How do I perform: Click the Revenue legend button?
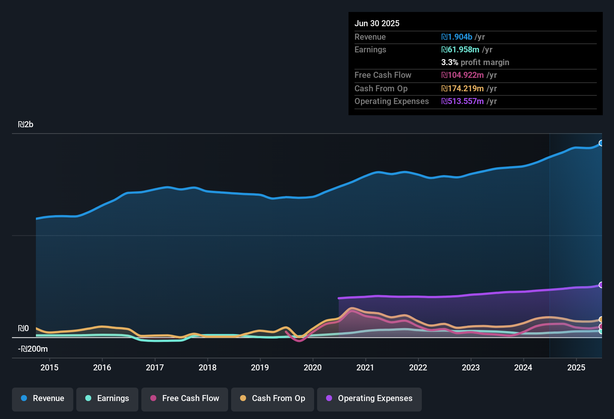pyautogui.click(x=43, y=398)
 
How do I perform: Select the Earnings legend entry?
pyautogui.click(x=107, y=398)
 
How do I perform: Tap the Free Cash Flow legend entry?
pyautogui.click(x=185, y=398)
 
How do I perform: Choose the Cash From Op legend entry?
pyautogui.click(x=273, y=398)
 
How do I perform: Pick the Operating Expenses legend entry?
pyautogui.click(x=369, y=398)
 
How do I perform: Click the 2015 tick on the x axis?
pyautogui.click(x=49, y=368)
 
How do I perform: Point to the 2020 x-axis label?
pyautogui.click(x=313, y=368)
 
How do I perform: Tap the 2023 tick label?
pyautogui.click(x=471, y=368)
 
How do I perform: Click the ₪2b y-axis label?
pyautogui.click(x=26, y=125)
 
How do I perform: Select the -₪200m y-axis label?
pyautogui.click(x=33, y=349)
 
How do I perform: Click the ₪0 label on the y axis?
pyautogui.click(x=23, y=328)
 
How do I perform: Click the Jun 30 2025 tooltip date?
pyautogui.click(x=377, y=24)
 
